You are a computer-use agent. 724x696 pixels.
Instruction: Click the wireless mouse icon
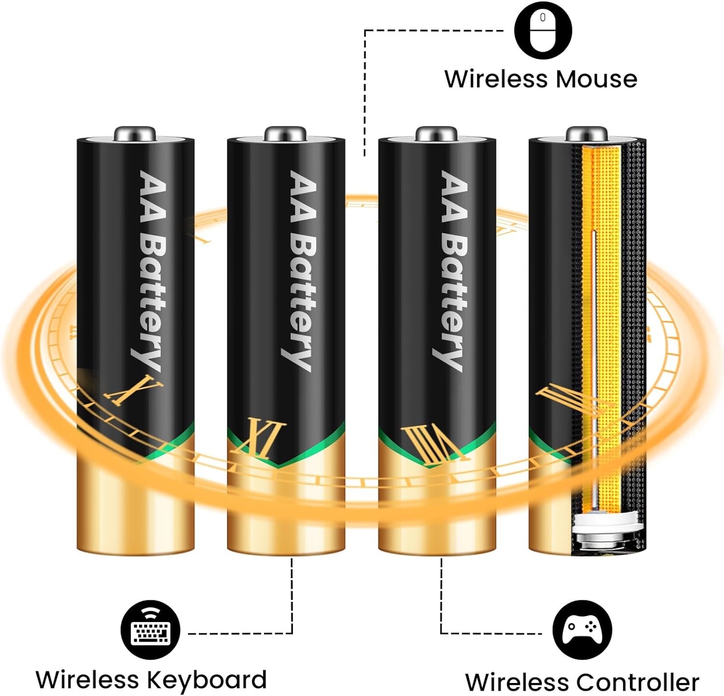click(x=543, y=30)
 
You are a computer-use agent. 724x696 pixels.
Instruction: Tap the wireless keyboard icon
click(x=151, y=630)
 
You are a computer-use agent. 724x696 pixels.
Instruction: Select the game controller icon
click(x=582, y=630)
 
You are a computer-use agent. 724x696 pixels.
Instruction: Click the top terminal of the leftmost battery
click(x=135, y=133)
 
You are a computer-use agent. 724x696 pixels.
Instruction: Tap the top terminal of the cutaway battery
click(x=586, y=133)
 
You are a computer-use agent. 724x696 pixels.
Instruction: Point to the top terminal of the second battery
click(x=285, y=133)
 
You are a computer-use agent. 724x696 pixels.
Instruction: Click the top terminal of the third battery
click(x=436, y=133)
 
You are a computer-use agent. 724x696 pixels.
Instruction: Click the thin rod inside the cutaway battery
click(x=594, y=367)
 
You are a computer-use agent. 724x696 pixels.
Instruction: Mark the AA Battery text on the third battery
click(x=452, y=270)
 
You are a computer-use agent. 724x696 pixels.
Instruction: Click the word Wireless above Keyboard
click(x=87, y=680)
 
